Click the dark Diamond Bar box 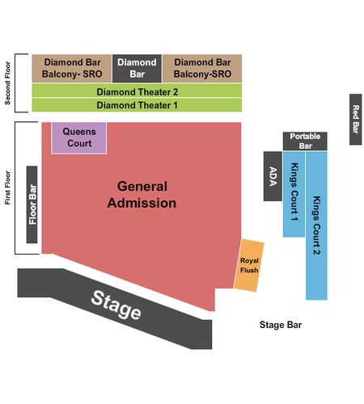(137, 69)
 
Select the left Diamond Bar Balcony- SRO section (72, 69)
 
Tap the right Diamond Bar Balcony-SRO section (202, 69)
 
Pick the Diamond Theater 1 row (137, 105)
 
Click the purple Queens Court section (79, 138)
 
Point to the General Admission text (142, 195)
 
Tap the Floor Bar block (32, 204)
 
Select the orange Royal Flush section (249, 265)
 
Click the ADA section (273, 176)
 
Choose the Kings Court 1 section (294, 194)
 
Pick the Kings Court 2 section (316, 225)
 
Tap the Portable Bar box (305, 141)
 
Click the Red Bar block (356, 120)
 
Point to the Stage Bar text (281, 325)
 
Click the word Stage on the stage (116, 305)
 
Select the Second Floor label (7, 83)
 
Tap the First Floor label (7, 187)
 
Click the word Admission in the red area (142, 203)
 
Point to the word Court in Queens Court (79, 143)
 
